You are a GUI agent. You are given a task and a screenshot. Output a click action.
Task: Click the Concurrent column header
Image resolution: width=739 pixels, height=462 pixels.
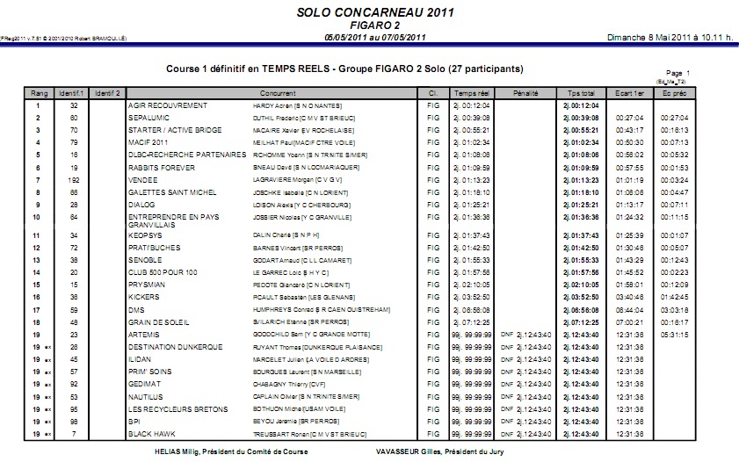(x=278, y=92)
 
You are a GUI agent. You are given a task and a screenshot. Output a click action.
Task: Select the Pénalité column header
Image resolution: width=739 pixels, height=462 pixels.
(x=525, y=92)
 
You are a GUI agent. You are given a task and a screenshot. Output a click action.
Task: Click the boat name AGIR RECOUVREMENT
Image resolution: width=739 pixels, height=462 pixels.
(x=167, y=105)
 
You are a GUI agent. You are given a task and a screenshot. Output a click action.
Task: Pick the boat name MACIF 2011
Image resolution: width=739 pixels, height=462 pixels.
(x=150, y=141)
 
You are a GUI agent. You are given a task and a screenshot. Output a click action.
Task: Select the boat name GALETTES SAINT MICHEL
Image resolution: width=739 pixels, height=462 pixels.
(x=173, y=191)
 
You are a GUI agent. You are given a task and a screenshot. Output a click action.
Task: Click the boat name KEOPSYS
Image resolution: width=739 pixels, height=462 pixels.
(x=147, y=235)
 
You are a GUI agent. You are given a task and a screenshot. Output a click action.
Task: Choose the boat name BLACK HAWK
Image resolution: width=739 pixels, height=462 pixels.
(x=153, y=434)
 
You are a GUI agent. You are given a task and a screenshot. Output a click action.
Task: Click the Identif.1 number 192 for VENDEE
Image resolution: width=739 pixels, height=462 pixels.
(x=74, y=179)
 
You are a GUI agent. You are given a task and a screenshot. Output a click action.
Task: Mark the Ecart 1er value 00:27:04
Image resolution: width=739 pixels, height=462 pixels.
(x=628, y=118)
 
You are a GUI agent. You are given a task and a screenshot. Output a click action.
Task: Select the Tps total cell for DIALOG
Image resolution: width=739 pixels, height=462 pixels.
(x=581, y=204)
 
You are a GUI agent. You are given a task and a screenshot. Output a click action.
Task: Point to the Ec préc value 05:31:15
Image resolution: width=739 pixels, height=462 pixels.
(x=674, y=335)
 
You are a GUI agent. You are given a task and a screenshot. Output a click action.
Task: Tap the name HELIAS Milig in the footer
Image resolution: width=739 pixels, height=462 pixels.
(x=175, y=451)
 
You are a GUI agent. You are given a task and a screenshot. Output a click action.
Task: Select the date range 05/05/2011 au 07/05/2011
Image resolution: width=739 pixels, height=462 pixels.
(x=375, y=38)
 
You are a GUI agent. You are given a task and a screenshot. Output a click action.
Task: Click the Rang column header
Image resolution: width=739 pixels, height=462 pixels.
(x=40, y=92)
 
